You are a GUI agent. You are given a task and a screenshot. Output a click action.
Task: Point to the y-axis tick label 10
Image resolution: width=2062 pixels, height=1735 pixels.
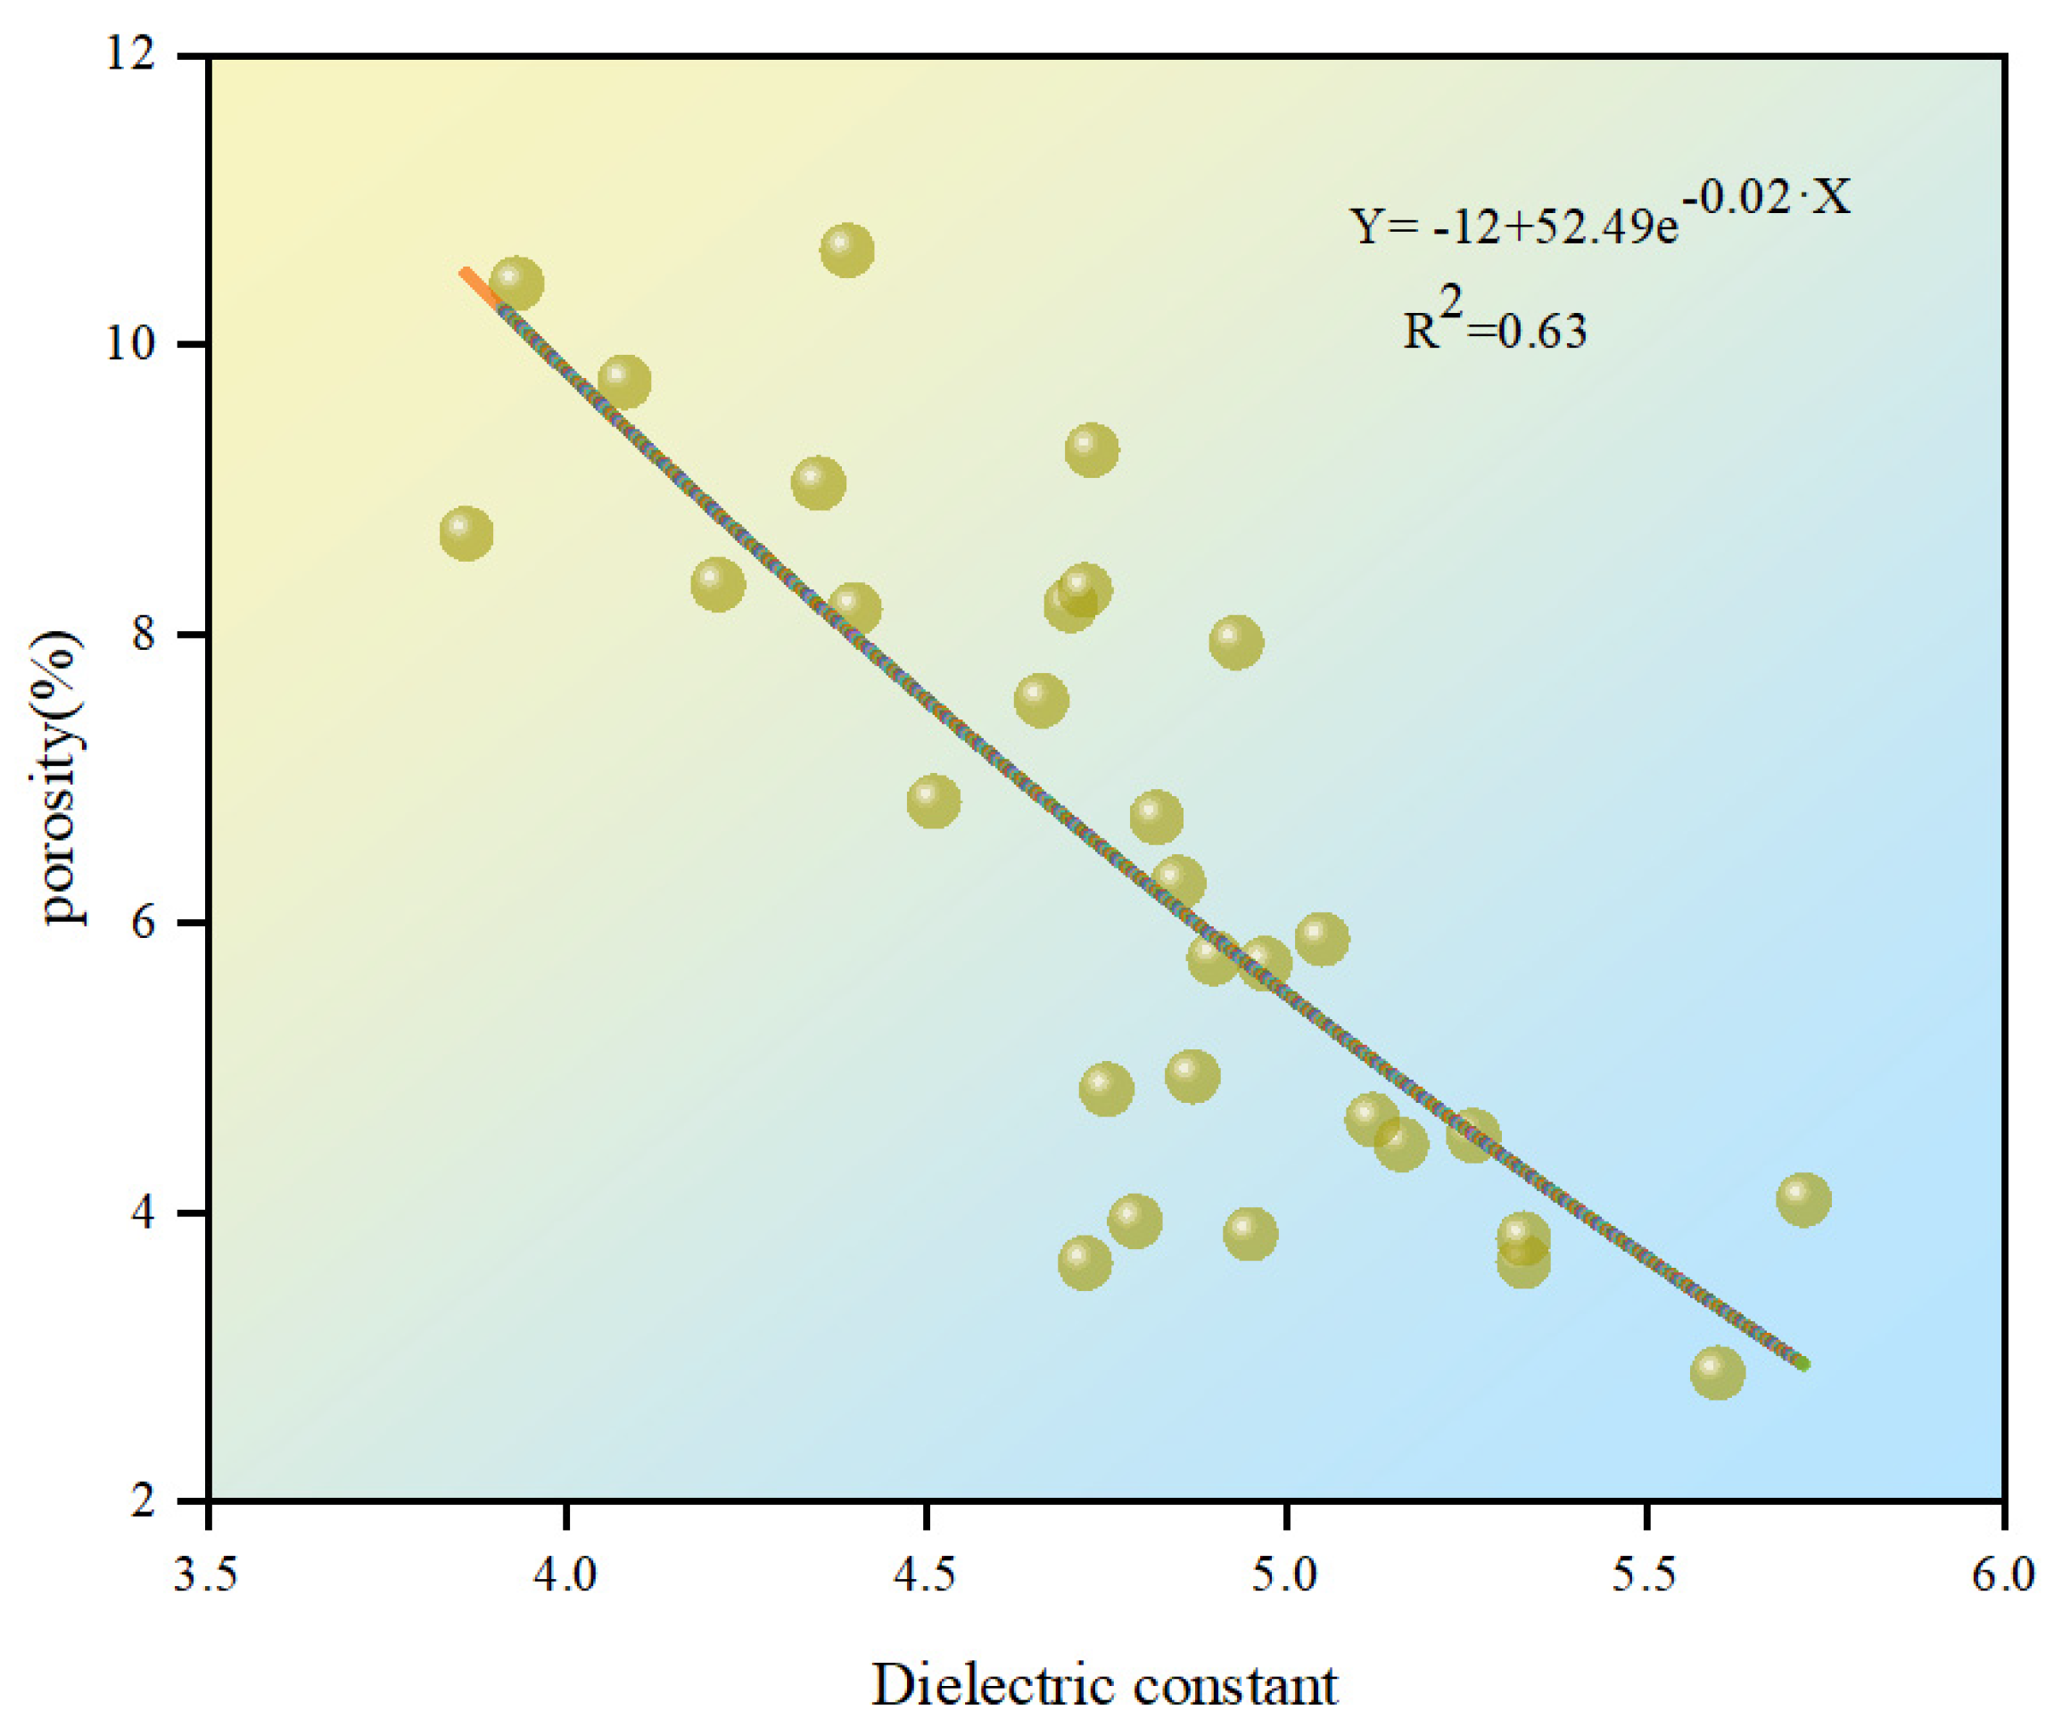click(x=132, y=345)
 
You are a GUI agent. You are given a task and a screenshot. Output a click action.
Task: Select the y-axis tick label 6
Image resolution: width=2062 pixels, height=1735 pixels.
click(x=144, y=923)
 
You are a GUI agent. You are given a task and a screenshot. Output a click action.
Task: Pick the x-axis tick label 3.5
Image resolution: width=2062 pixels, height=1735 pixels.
click(x=206, y=1575)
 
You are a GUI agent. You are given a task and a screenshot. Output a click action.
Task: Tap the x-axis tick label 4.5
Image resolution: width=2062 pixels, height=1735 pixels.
click(x=926, y=1575)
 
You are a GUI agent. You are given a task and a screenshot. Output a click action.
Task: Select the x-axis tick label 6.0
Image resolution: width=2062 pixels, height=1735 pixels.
click(x=2003, y=1575)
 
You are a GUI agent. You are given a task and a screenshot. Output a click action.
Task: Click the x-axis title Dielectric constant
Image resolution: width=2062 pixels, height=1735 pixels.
click(x=1104, y=1686)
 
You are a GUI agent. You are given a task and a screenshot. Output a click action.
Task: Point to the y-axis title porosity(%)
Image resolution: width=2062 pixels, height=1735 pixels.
click(x=61, y=777)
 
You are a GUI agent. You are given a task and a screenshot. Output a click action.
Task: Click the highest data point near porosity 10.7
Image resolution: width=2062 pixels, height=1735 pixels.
click(x=847, y=251)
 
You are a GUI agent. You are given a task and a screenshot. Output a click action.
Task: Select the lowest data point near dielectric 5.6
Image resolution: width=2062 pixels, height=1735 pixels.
click(x=1718, y=1373)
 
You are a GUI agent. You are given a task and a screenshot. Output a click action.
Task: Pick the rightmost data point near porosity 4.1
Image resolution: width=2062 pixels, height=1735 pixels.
click(x=1803, y=1199)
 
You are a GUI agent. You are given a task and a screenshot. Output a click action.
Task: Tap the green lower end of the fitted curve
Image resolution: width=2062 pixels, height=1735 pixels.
click(x=1799, y=1362)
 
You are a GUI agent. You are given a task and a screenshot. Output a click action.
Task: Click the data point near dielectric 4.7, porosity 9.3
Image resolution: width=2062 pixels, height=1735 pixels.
click(x=1092, y=450)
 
